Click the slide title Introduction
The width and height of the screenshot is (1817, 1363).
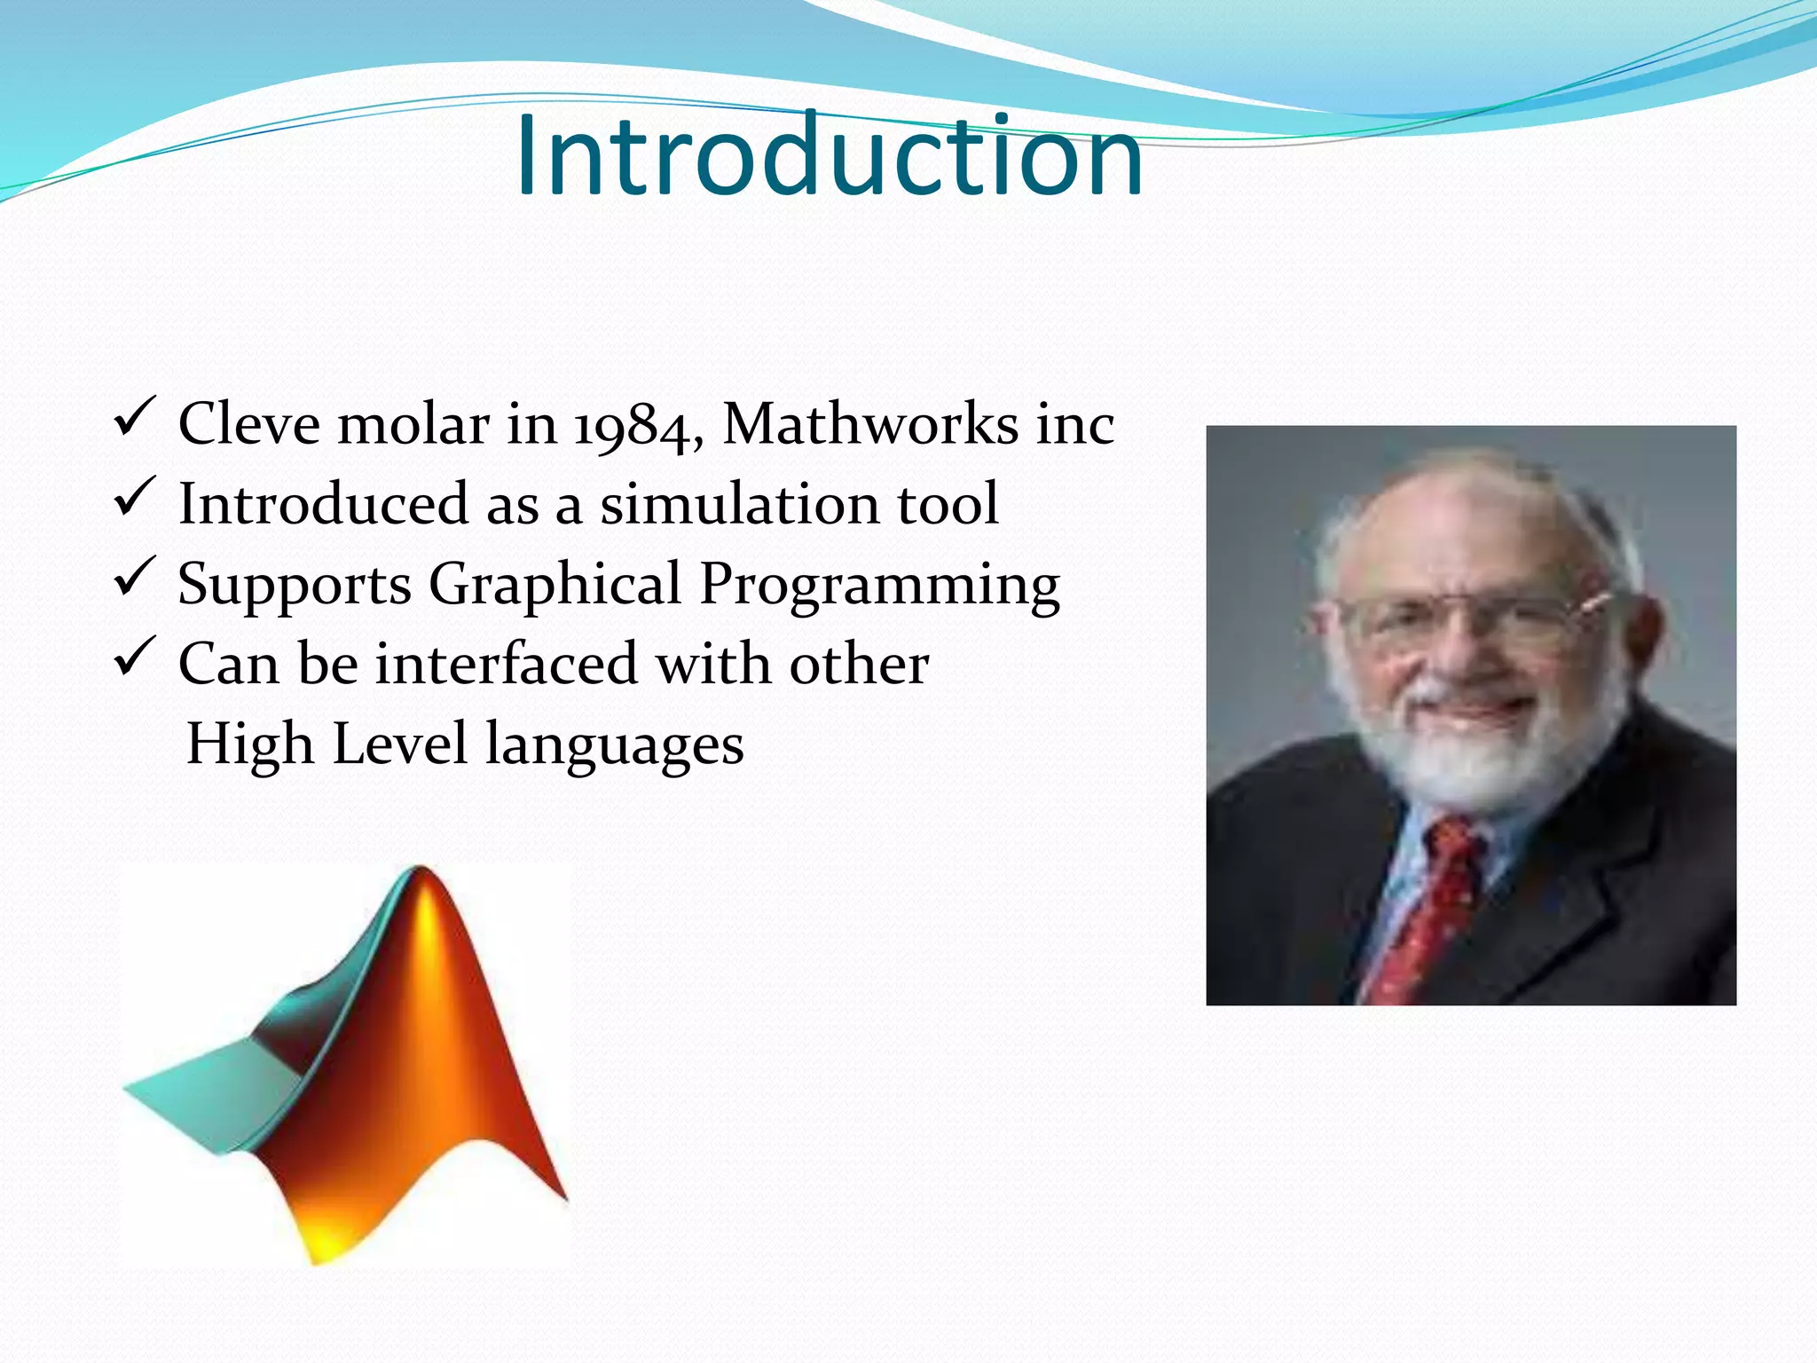coord(829,157)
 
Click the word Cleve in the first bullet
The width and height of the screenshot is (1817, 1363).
coord(248,424)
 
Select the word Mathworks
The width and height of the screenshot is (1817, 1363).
coord(870,424)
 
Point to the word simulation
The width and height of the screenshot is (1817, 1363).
coord(739,504)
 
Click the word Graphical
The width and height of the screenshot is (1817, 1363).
coord(555,585)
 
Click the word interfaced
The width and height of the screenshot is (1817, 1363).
coord(507,664)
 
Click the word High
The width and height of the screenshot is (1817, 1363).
coord(250,744)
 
